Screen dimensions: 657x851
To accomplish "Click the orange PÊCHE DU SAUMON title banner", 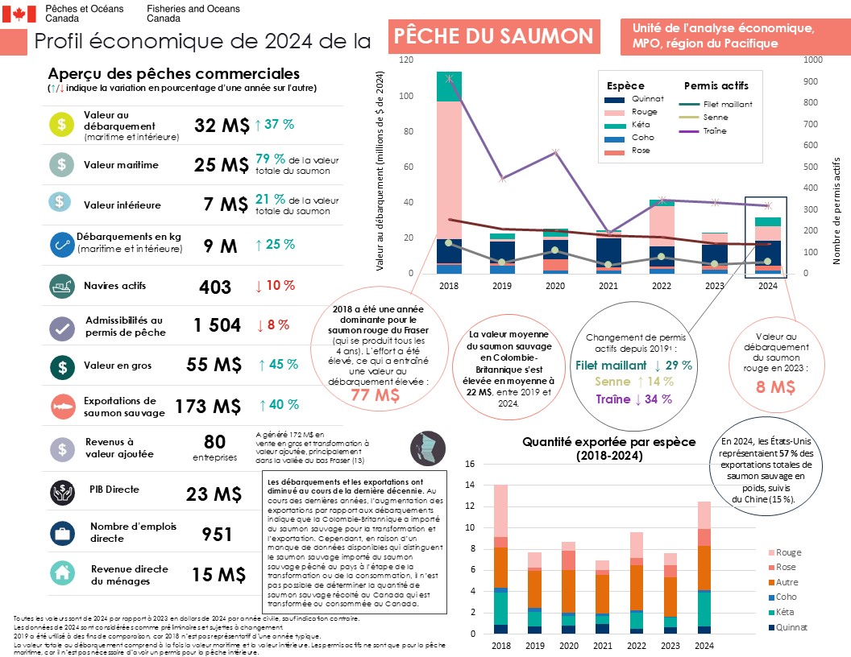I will [495, 35].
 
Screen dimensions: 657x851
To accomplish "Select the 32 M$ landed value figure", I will [221, 125].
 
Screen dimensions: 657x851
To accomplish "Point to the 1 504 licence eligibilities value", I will [217, 325].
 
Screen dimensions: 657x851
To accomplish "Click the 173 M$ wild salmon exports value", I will [208, 407].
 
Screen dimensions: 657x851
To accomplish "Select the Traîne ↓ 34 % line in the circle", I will [633, 399].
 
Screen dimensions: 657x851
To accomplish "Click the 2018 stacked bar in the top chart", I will [449, 172].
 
